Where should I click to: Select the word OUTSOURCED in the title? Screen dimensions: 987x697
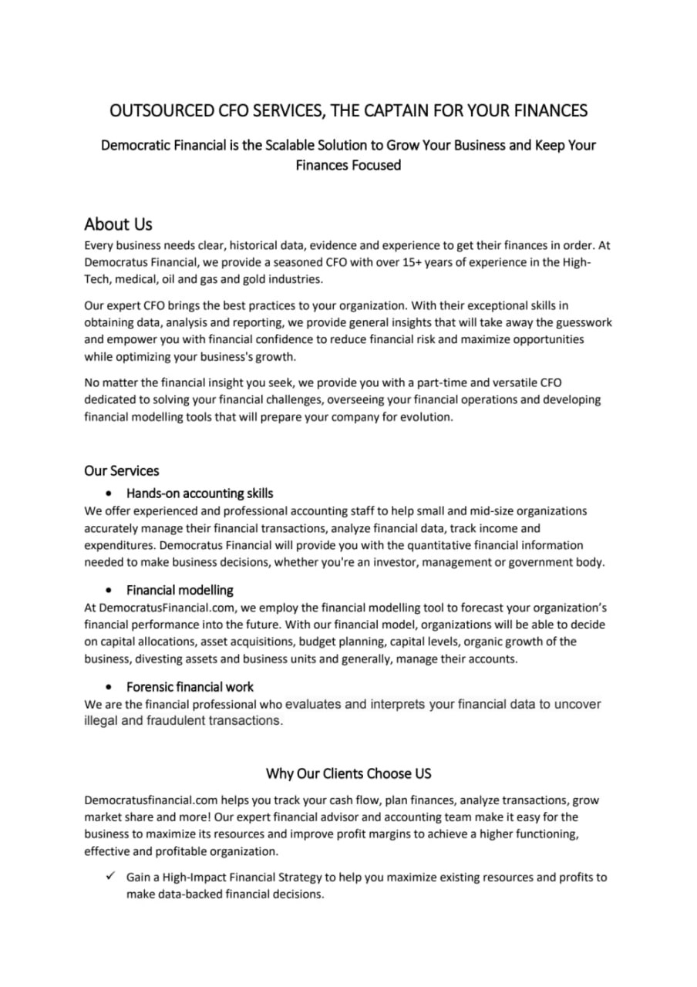tap(150, 111)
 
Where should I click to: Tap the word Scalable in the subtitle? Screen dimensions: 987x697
tap(298, 145)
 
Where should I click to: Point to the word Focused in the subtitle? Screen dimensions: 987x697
tap(375, 165)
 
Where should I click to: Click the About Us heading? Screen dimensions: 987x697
tap(118, 224)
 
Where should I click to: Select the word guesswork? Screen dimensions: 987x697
tap(580, 322)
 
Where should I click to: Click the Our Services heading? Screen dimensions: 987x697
tap(122, 470)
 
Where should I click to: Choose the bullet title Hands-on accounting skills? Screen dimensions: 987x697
tap(200, 493)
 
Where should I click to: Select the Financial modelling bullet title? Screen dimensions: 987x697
tap(180, 591)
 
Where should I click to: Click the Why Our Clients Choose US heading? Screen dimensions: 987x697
tap(348, 773)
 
